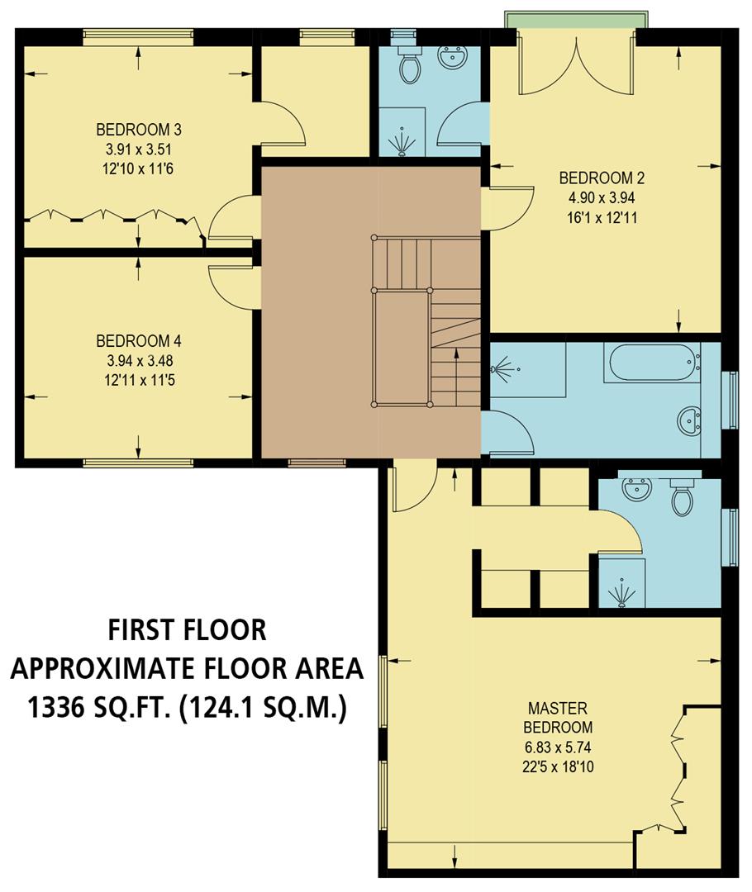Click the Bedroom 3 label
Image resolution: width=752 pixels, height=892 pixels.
click(138, 130)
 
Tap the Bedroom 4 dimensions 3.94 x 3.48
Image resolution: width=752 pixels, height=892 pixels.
click(138, 361)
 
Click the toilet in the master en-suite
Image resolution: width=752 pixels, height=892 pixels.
click(682, 497)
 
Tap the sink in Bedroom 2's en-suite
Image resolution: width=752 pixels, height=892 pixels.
click(452, 57)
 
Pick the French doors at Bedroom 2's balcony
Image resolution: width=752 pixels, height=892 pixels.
click(576, 66)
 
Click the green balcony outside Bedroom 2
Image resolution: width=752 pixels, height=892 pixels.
click(576, 19)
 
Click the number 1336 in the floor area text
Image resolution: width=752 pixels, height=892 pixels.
click(61, 708)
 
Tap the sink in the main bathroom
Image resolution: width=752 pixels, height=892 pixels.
click(688, 421)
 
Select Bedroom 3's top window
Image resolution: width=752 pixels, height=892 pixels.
click(138, 35)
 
